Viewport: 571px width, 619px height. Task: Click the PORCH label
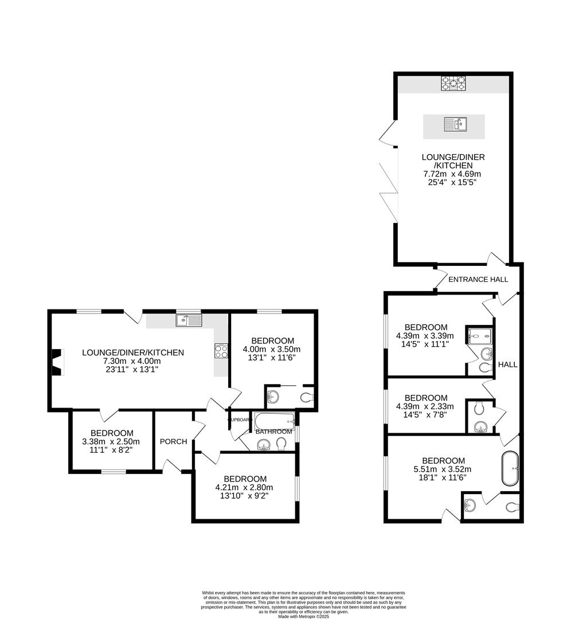coord(173,441)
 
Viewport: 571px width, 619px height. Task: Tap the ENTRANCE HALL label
coord(478,280)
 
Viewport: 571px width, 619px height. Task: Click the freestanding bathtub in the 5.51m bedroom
coord(510,469)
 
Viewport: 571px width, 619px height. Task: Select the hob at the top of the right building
coord(452,84)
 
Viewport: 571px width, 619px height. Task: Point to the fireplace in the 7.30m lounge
coord(56,363)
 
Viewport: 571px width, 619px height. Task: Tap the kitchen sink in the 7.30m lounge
coord(189,320)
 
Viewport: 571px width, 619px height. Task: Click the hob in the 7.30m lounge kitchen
coord(221,351)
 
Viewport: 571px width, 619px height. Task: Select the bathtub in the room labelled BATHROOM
coord(274,421)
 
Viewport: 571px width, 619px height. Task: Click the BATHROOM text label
coord(273,432)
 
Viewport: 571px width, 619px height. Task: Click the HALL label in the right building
coord(508,365)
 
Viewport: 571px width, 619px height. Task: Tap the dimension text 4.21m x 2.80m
coord(245,488)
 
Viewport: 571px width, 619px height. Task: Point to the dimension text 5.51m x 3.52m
coord(443,469)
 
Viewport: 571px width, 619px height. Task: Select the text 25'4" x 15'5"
coord(451,182)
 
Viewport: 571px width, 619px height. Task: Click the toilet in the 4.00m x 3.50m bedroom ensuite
coord(306,396)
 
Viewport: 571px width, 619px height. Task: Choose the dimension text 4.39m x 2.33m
coord(425,406)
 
